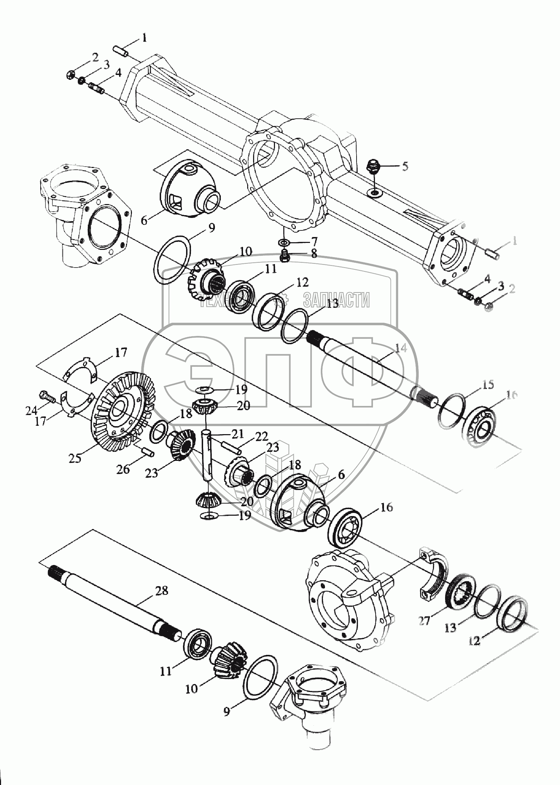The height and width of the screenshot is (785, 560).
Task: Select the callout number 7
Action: [x=314, y=240]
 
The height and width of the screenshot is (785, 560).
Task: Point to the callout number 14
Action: [x=401, y=348]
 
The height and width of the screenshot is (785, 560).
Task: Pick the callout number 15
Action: [x=488, y=385]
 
